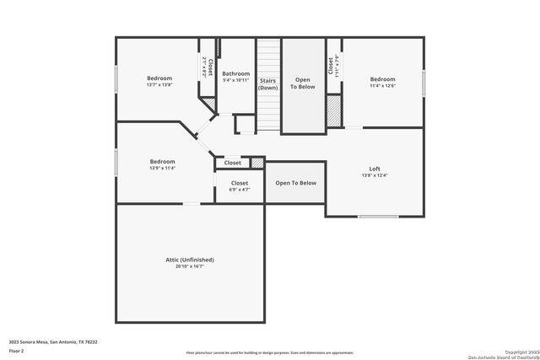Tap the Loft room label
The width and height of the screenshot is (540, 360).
tap(375, 169)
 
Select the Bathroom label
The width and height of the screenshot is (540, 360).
tap(235, 73)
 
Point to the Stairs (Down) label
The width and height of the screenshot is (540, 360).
tap(268, 83)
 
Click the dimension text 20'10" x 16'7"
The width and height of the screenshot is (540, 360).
tap(190, 266)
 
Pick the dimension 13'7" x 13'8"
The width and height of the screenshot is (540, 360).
tap(159, 85)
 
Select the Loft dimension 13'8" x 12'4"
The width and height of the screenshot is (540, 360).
tap(375, 176)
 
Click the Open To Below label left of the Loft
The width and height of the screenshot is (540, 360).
tap(295, 183)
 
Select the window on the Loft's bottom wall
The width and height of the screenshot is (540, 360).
tap(377, 217)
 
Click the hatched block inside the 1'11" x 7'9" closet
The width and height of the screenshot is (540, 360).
tap(333, 110)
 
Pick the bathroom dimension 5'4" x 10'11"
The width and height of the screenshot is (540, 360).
tap(235, 81)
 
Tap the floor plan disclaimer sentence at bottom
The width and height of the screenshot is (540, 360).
tap(270, 352)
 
